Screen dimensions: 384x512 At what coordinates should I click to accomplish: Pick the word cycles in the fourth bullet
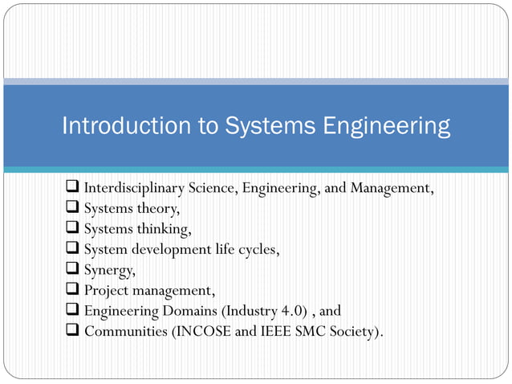point(257,249)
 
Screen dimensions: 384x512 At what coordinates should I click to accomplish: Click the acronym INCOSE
point(203,330)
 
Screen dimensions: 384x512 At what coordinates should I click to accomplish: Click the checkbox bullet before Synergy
point(71,269)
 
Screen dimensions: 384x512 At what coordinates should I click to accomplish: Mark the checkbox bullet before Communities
point(71,329)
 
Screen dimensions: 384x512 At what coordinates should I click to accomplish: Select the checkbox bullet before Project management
point(71,289)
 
